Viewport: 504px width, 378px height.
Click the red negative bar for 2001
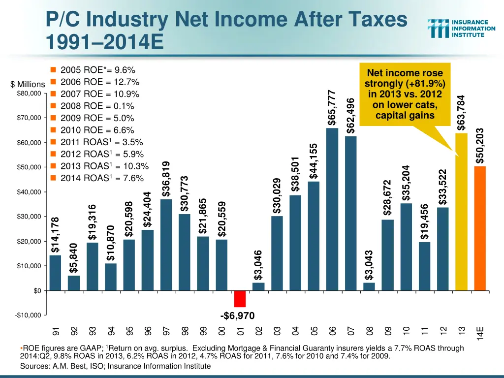click(x=240, y=299)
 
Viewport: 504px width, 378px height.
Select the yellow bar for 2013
click(x=461, y=212)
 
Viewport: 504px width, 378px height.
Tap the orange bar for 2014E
click(x=480, y=228)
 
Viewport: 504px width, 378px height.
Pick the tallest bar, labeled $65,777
click(x=332, y=209)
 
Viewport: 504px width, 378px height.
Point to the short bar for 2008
click(x=369, y=286)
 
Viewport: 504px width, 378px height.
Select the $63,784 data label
click(x=461, y=113)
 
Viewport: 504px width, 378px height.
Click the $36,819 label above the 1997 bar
click(x=166, y=179)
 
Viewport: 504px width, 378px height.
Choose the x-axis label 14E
click(x=480, y=332)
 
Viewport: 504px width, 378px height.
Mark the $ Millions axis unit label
click(x=28, y=84)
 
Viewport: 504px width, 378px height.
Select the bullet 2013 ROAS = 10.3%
click(x=104, y=166)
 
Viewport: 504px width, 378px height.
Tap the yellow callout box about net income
click(x=405, y=94)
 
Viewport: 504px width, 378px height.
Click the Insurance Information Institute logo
click(x=461, y=28)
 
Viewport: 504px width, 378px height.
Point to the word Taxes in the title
click(x=374, y=20)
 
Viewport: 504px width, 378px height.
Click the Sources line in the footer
click(x=115, y=366)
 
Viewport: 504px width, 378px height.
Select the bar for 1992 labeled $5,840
click(x=74, y=283)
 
